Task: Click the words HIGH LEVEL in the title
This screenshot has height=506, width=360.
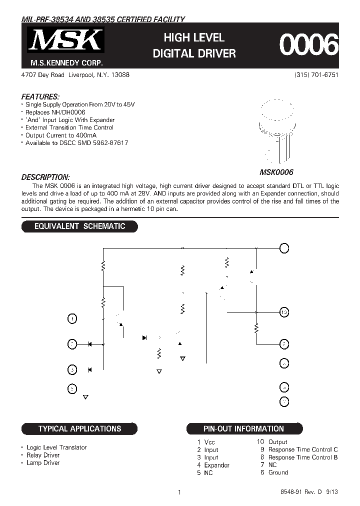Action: click(x=194, y=37)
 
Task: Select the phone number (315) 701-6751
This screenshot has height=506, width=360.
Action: click(x=316, y=74)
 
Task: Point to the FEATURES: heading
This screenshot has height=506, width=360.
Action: click(x=40, y=96)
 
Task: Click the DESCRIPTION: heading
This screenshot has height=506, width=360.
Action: click(x=45, y=177)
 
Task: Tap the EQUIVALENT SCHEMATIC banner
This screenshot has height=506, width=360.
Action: click(x=79, y=226)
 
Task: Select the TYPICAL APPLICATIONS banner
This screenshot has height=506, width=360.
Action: click(x=79, y=428)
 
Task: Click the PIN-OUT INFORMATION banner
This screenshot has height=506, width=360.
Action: click(x=243, y=428)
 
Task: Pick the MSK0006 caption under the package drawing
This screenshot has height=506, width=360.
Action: click(x=276, y=172)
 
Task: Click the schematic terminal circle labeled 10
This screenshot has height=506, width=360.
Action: click(x=284, y=312)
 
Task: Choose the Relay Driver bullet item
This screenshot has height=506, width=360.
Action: click(x=43, y=455)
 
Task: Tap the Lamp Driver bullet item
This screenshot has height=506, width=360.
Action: click(x=43, y=462)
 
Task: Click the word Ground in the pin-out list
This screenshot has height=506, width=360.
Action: click(x=278, y=472)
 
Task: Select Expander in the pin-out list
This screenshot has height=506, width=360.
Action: click(x=216, y=465)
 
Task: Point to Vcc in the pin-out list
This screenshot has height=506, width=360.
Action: click(x=209, y=442)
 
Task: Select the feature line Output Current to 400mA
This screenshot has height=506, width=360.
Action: click(x=61, y=135)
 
